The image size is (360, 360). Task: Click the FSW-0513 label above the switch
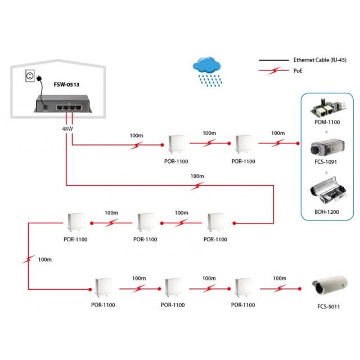coord(67,84)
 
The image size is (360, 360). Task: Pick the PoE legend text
coord(299,71)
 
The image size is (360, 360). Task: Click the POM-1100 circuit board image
coord(328,107)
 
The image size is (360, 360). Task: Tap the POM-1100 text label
coord(328,121)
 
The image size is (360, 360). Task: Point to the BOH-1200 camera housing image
coord(328,194)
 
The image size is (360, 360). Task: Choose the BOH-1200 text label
coord(328,212)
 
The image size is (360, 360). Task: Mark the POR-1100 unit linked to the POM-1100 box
coord(243,145)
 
